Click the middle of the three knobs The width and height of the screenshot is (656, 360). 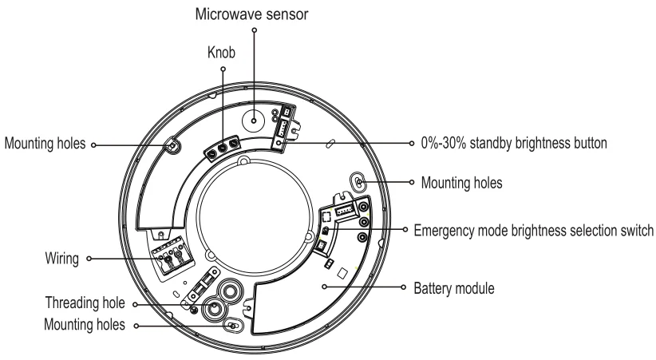[222, 147]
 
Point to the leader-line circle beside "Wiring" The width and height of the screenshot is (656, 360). [90, 259]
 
